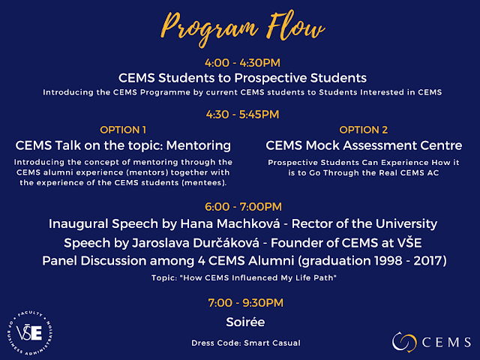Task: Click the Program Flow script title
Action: point(242,28)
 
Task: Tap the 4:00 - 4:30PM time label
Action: point(242,63)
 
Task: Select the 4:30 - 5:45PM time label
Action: point(242,115)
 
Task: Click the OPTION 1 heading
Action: point(123,130)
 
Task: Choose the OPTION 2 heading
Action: point(363,130)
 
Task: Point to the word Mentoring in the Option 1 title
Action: point(198,145)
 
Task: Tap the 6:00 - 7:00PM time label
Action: point(243,207)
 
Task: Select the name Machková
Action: point(230,223)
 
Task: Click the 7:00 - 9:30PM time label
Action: point(245,303)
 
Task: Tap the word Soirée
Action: point(245,322)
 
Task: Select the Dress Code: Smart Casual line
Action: point(246,343)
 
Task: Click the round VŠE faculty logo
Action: point(30,333)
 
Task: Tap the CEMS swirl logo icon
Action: point(404,342)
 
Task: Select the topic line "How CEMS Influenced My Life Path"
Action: point(244,277)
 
